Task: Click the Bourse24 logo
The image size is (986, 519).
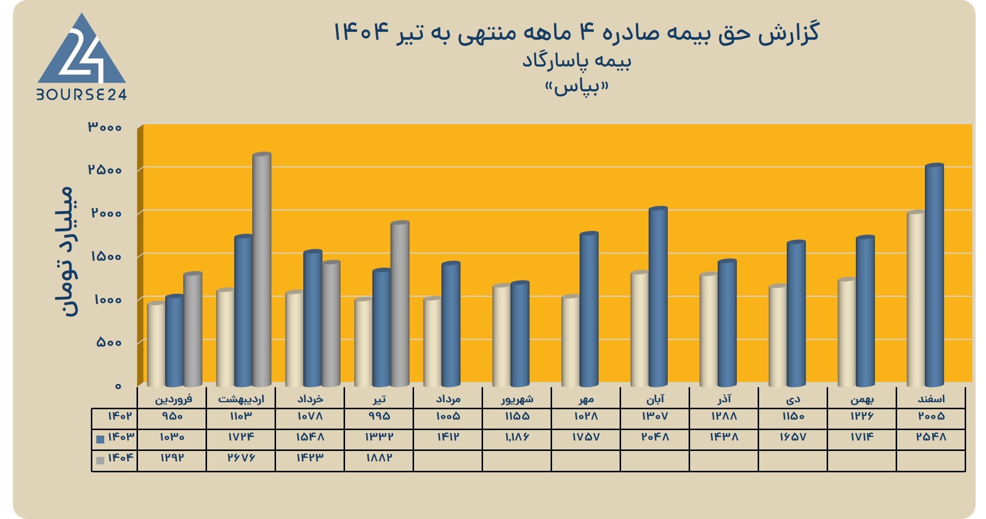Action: click(x=82, y=56)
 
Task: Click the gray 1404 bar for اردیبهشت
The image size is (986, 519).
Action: click(x=262, y=270)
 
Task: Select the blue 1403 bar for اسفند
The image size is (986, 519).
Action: click(x=934, y=275)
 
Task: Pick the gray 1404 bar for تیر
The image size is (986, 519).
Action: click(x=400, y=304)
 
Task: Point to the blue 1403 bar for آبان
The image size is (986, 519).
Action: click(x=658, y=297)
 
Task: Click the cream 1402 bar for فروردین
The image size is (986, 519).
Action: click(x=156, y=344)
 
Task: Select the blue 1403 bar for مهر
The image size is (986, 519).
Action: click(x=589, y=309)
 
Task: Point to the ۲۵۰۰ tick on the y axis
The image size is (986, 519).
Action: click(x=105, y=170)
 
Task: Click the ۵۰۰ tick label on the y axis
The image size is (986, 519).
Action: click(x=109, y=342)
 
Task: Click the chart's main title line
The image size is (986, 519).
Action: click(x=576, y=33)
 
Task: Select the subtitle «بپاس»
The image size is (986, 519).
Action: click(x=576, y=87)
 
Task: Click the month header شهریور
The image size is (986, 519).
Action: click(x=517, y=399)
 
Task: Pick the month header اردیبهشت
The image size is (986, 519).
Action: click(x=241, y=399)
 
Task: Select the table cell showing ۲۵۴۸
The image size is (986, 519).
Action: click(x=931, y=437)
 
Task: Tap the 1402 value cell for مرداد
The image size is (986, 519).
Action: click(x=448, y=416)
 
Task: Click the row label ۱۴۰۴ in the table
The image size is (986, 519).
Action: click(x=121, y=457)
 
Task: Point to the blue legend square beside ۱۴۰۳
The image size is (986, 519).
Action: click(x=100, y=440)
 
